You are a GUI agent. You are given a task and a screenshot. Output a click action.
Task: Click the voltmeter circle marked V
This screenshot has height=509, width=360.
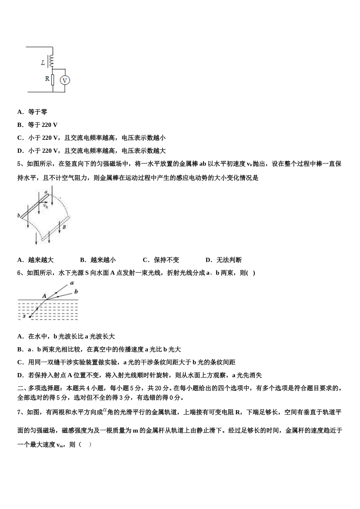(65, 80)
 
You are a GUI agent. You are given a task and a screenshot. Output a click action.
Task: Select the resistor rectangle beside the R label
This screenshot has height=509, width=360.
(53, 80)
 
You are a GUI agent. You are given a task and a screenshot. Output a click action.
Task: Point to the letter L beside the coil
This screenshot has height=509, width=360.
(43, 62)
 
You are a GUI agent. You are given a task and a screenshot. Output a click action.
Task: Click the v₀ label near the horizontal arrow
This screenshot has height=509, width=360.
(45, 206)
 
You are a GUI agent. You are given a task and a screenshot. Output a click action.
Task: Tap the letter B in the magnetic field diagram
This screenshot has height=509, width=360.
(64, 227)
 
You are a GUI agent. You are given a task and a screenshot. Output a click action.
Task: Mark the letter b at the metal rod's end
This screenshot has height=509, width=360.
(19, 215)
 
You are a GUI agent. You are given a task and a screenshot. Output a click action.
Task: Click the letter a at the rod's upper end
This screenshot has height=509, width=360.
(46, 192)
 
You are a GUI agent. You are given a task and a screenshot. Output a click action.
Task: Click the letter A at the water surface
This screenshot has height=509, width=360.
(44, 296)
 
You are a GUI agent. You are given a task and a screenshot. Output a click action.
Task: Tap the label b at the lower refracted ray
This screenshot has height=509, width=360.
(76, 291)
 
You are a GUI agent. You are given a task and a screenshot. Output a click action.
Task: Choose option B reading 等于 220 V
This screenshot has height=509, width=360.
(38, 125)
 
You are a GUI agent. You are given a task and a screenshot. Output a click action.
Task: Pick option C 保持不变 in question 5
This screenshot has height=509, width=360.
(161, 260)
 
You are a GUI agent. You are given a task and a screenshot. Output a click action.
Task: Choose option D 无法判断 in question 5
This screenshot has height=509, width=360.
(224, 260)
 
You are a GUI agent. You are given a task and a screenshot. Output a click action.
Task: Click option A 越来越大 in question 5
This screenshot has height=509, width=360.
(36, 260)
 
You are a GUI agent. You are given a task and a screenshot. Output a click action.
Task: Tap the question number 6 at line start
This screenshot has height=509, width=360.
(19, 273)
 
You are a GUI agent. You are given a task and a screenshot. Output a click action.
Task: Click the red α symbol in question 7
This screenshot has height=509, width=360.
(105, 410)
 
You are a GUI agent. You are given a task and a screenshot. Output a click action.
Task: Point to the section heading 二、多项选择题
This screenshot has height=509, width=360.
(40, 388)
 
